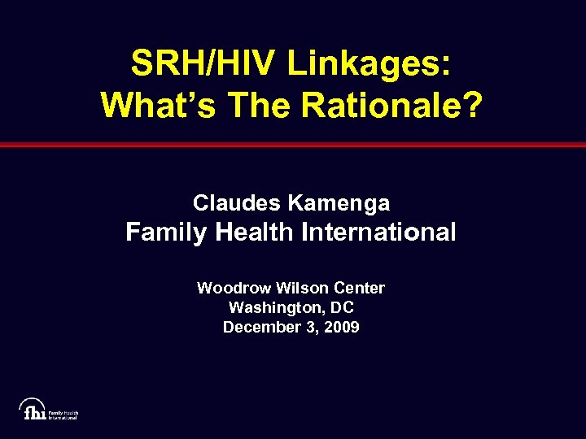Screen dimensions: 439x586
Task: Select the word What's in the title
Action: coord(156,103)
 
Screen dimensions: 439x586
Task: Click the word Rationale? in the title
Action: coord(395,103)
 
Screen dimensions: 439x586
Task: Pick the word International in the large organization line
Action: coord(378,233)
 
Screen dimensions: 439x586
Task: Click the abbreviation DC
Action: coord(343,308)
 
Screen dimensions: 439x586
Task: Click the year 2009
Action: coord(342,328)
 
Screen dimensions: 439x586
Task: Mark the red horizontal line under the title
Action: coord(293,145)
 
